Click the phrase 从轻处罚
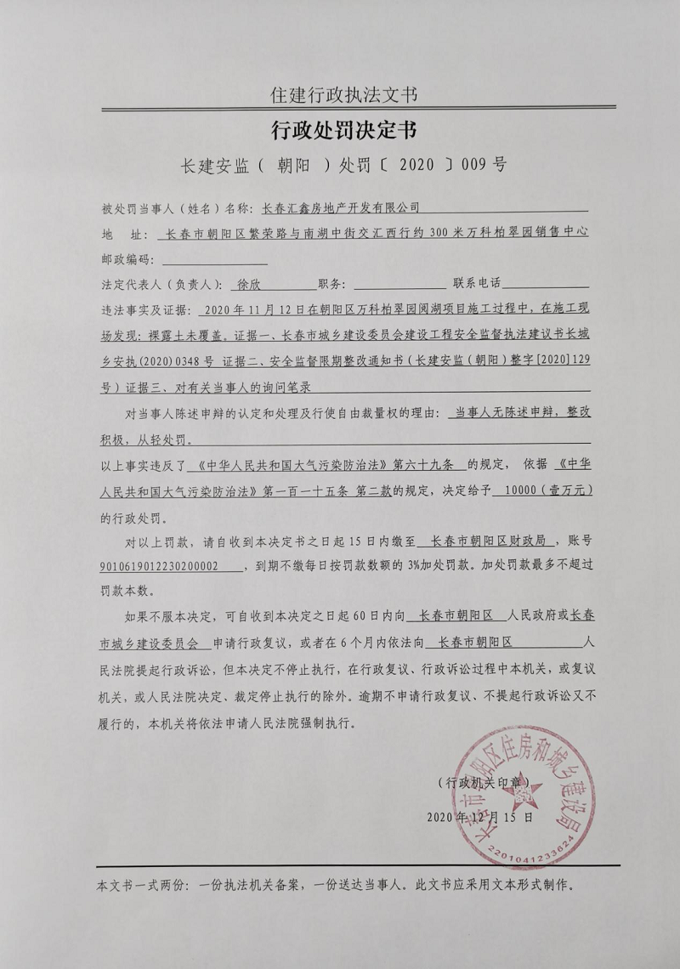167,441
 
